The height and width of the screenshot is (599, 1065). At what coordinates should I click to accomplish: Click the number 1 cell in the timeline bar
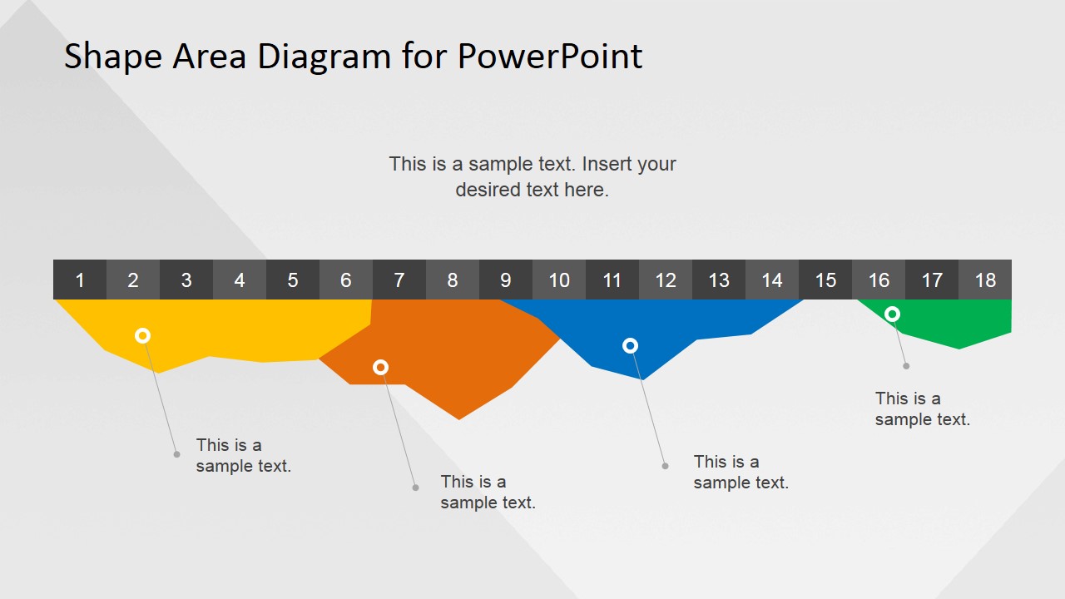tap(80, 280)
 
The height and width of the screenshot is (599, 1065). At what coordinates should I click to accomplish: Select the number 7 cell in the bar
tap(399, 280)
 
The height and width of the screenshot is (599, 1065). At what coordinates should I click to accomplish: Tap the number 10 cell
tap(559, 280)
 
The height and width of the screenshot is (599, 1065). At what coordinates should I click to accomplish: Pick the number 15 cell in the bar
tap(825, 280)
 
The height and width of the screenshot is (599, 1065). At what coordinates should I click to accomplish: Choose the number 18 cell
tap(985, 280)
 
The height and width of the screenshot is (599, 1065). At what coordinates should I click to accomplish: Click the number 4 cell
tap(240, 280)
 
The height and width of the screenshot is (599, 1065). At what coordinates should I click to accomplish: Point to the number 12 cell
tap(666, 280)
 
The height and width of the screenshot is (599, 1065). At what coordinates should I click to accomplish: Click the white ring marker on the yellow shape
tap(142, 335)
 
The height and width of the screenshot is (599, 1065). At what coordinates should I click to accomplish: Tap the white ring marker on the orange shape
tap(380, 367)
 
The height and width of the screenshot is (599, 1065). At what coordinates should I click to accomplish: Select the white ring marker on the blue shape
tap(630, 345)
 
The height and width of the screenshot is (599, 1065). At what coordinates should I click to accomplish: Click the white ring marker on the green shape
tap(892, 314)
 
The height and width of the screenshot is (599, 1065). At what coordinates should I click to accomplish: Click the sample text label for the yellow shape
tap(243, 456)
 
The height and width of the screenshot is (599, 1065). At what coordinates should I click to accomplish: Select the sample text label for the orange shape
tap(488, 493)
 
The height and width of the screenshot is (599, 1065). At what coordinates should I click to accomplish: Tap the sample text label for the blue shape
tap(741, 473)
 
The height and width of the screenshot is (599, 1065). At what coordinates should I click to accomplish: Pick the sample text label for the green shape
tap(922, 409)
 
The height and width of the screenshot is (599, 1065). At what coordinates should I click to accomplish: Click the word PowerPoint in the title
tap(549, 57)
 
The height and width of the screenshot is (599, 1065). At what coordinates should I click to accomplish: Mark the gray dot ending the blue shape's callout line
tap(665, 466)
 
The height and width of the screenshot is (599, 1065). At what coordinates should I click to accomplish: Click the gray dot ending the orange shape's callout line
tap(416, 488)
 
